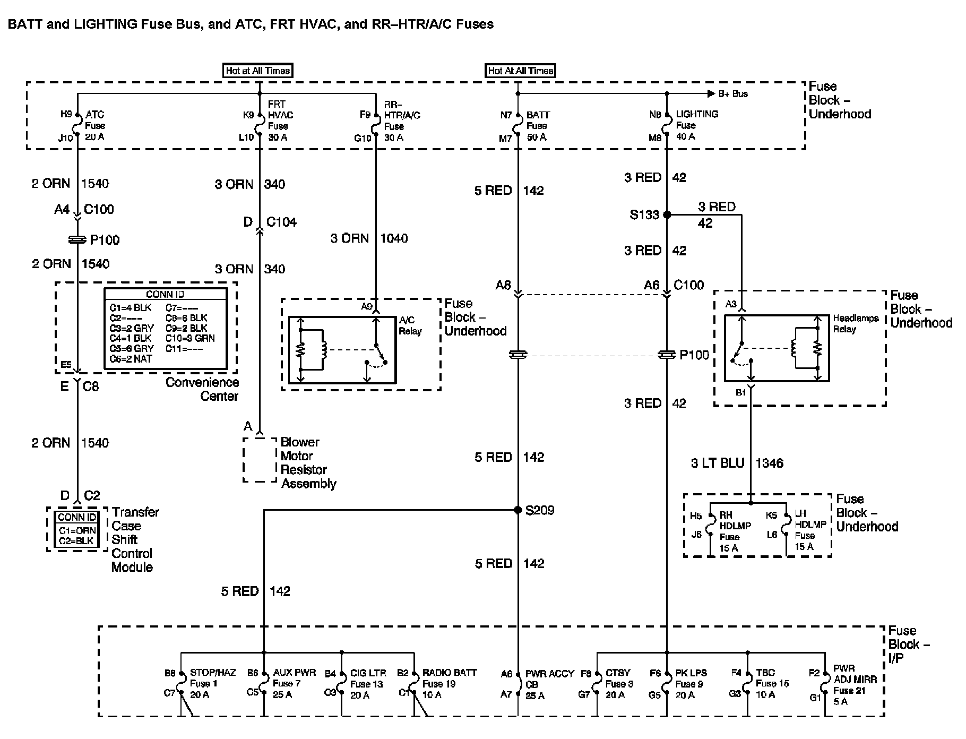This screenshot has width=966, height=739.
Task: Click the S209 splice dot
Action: coord(518,510)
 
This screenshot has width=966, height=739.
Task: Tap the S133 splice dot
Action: coord(667,215)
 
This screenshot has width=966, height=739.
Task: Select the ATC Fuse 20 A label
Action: coord(95,126)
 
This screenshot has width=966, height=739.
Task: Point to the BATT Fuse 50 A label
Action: coord(537,126)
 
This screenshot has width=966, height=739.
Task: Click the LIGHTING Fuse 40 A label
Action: coord(696,125)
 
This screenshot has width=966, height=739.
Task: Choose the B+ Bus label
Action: coord(733,94)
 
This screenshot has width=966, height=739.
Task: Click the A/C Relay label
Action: coord(410,325)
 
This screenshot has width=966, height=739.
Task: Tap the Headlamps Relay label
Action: coord(855,323)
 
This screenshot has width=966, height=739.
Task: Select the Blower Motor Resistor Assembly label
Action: coord(307,463)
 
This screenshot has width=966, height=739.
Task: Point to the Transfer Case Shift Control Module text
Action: coord(135,539)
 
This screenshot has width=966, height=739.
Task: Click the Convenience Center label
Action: coord(202,389)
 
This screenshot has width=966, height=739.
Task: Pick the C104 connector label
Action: coord(281,222)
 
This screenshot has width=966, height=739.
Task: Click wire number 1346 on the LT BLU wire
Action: coord(769,463)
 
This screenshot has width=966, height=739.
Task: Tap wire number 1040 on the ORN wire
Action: coord(393,238)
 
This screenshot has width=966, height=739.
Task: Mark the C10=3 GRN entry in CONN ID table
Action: coord(189,338)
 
